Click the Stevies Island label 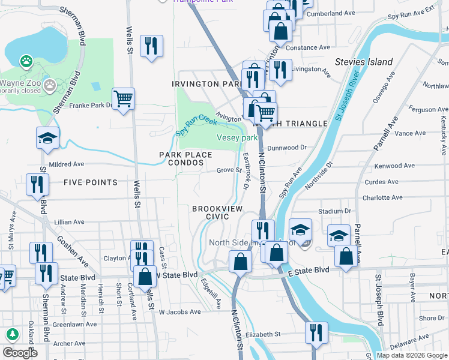pos(364,62)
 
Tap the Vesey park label pos(237,138)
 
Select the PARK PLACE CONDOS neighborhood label pos(185,158)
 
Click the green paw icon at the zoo pos(26,61)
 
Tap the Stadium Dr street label pos(334,211)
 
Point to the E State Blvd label pos(308,271)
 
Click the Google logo pos(20,353)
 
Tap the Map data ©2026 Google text pos(411,355)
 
